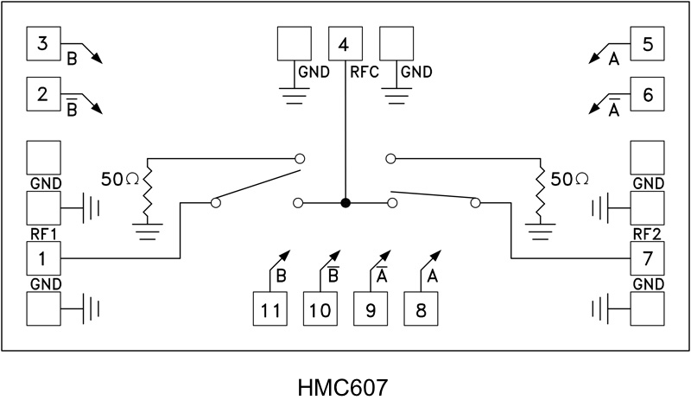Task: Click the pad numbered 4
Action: click(345, 44)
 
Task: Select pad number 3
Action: click(43, 44)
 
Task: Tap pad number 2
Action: click(43, 95)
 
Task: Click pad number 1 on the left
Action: click(43, 257)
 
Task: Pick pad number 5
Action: click(648, 44)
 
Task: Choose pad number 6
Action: click(648, 95)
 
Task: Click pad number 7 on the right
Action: click(648, 257)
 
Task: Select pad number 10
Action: click(320, 309)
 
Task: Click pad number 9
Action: click(371, 309)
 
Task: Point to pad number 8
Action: click(422, 309)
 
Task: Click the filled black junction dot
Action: click(345, 203)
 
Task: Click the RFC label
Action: click(364, 73)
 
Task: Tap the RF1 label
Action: click(43, 233)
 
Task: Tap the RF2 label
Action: click(648, 233)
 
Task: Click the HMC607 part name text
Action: click(345, 380)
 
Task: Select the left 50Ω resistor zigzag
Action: click(148, 195)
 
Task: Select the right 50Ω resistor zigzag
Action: click(542, 195)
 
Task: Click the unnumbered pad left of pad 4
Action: click(294, 44)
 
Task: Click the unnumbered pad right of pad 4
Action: click(396, 44)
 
